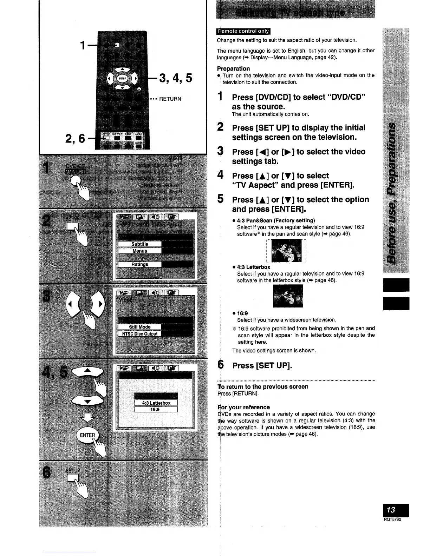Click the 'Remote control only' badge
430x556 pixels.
244,31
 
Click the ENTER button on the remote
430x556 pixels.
121,78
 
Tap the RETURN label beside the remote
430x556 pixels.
170,99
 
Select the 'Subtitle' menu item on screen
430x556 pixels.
139,244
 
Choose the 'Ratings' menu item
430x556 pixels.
139,264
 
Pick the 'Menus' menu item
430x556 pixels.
139,251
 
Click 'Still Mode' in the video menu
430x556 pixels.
139,327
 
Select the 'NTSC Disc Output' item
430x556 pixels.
139,334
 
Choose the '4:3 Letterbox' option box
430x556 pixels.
156,403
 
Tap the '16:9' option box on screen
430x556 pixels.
156,409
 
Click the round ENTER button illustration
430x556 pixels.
87,435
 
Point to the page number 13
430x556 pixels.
391,510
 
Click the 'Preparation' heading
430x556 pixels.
233,68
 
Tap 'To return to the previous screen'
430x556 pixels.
263,386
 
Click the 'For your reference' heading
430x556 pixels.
244,407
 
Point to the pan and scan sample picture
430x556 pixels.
287,251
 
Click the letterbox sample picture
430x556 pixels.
288,296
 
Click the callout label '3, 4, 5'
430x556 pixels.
176,78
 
